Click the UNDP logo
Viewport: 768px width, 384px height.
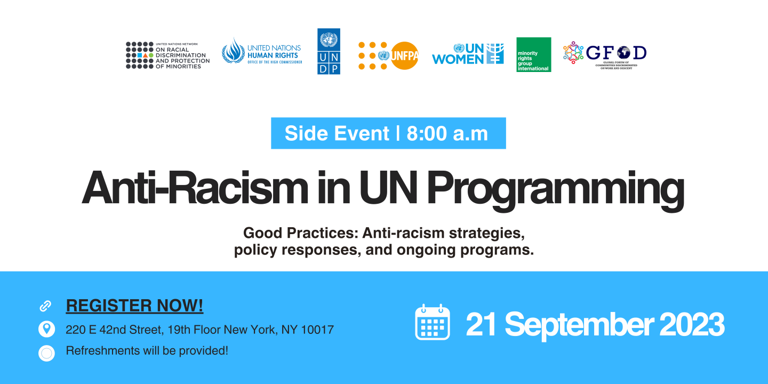pos(329,51)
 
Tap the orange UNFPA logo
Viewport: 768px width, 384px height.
pos(388,55)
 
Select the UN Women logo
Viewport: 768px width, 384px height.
pos(468,54)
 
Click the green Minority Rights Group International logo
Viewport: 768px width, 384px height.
pos(534,54)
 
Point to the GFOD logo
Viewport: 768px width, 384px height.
pos(605,55)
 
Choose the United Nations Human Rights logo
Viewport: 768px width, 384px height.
pos(262,51)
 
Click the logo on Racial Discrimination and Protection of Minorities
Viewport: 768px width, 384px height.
pos(167,55)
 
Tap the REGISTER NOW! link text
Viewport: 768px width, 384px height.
pos(134,306)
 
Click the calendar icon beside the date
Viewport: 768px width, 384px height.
pos(433,322)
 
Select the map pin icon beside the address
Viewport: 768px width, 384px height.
pos(46,329)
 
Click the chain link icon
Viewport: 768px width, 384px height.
pos(45,306)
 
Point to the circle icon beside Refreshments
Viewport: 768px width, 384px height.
pos(46,353)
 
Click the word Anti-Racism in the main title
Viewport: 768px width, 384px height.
pos(195,188)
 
